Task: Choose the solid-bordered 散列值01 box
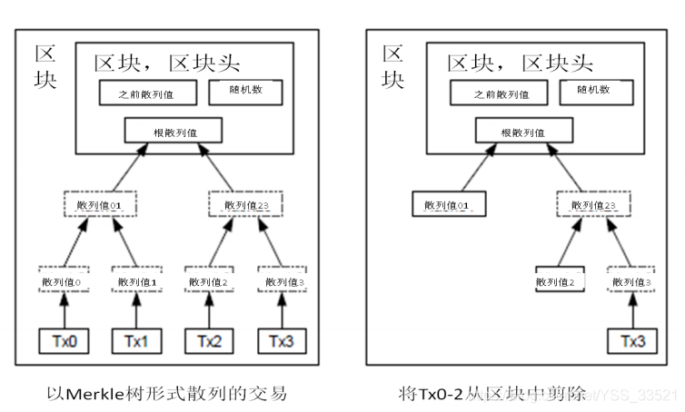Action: pos(445,204)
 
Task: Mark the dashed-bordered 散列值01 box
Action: pos(98,204)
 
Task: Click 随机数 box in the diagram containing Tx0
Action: pos(245,93)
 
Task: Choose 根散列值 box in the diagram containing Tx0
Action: pos(173,131)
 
